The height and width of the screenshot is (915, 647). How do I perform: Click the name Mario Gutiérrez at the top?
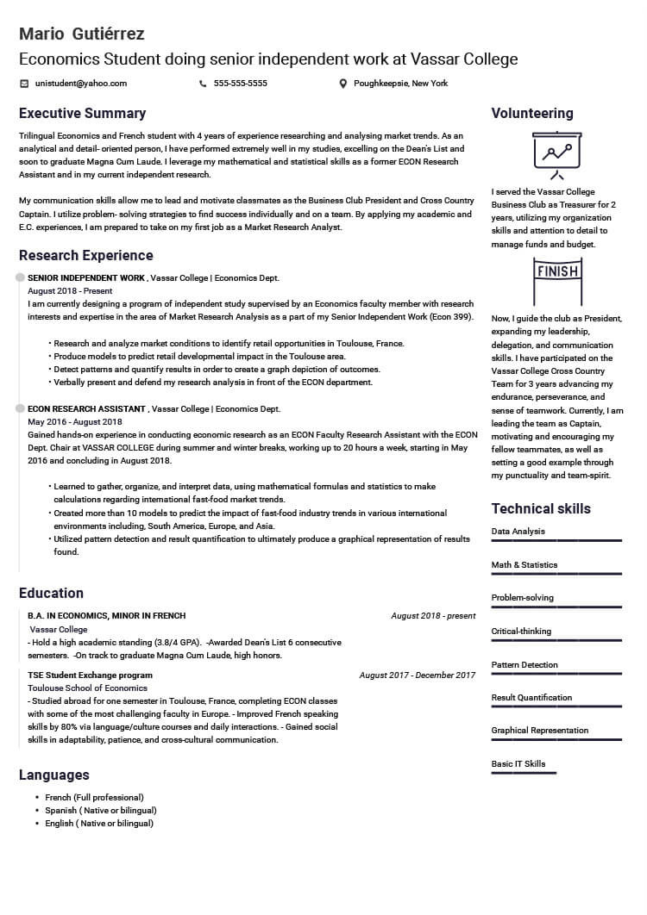coord(82,34)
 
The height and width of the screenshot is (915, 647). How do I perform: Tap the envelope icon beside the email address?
coord(24,84)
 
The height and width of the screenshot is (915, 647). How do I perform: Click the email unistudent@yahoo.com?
coord(81,84)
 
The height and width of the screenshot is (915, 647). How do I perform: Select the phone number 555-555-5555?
coord(240,84)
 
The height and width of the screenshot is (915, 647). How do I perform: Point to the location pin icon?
coord(343,84)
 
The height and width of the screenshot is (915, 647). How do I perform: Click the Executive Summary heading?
coord(82,114)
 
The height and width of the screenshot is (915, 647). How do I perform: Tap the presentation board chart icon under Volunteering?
coord(556,152)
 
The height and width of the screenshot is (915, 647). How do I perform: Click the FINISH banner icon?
coord(556,274)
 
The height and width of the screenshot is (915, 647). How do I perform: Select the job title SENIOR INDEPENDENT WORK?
coord(86,278)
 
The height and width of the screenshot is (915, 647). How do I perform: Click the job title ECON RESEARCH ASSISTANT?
coord(87,409)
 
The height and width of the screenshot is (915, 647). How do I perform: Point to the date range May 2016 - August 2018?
coord(75,422)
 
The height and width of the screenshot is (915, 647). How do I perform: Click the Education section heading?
coord(51,594)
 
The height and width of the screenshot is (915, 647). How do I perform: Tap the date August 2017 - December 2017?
coord(418,675)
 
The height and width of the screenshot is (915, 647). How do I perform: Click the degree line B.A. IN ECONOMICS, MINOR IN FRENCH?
coord(106,616)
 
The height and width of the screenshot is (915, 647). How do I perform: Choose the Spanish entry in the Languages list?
coord(100,811)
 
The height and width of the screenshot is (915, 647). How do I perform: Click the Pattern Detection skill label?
coord(525,665)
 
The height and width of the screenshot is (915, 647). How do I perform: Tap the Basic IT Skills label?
coord(518,764)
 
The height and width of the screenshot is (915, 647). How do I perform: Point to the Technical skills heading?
coord(541,508)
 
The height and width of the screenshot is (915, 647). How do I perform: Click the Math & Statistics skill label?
coord(525,565)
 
